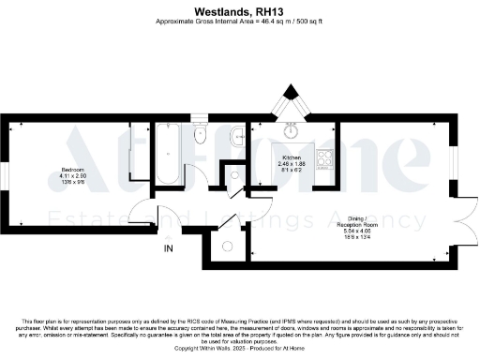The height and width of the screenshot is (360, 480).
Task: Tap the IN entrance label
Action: [x=169, y=248]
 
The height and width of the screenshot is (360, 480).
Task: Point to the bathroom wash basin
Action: [x=234, y=140]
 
